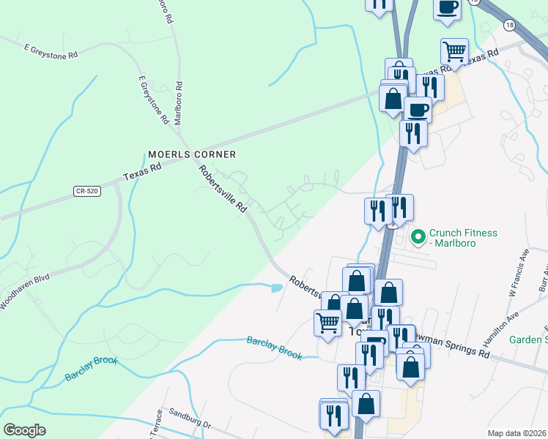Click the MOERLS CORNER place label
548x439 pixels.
pos(192,154)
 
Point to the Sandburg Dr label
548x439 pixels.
pos(189,418)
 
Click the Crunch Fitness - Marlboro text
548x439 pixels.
pos(464,238)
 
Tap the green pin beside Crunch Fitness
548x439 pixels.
pos(418,236)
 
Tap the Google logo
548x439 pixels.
pos(24,430)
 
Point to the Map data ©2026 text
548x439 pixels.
pos(517,433)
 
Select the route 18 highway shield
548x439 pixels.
pos(509,25)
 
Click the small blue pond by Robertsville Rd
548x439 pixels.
pos(277,288)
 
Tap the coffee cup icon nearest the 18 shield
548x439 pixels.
pos(447,8)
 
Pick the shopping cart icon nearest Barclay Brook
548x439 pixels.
pos(327,321)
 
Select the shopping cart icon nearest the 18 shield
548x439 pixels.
pos(454,51)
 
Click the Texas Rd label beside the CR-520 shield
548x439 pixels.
pos(142,173)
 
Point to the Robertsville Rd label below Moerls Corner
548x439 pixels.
pos(223,190)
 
